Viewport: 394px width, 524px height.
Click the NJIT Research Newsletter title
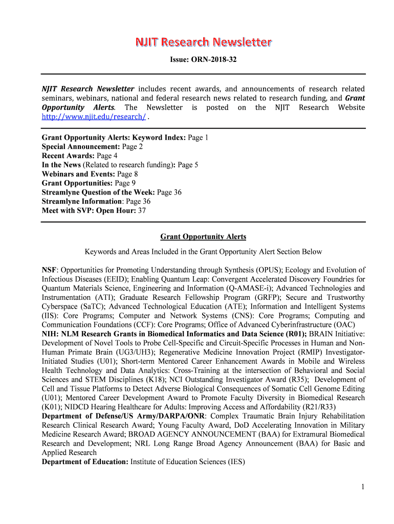203,42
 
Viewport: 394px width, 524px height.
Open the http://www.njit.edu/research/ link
94,117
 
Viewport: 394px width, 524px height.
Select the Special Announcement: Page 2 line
92,146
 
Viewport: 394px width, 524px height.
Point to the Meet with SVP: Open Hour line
94,211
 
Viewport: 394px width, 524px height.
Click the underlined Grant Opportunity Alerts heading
203,236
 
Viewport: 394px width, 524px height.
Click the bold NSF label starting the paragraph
50,270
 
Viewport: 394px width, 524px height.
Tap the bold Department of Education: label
85,462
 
